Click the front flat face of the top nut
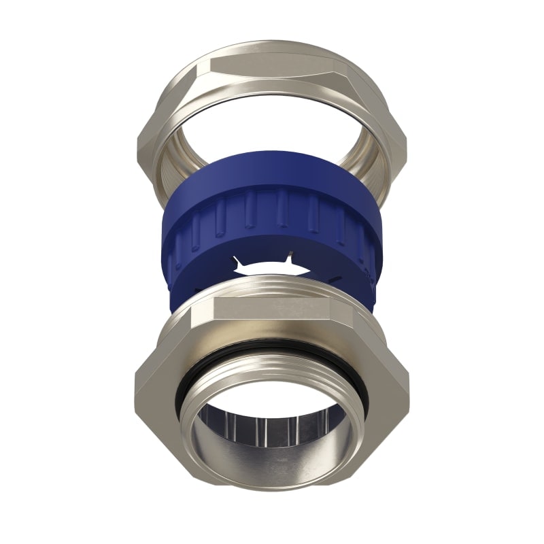tap(272, 68)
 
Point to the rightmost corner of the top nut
tap(406, 139)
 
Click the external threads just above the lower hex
tap(272, 290)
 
